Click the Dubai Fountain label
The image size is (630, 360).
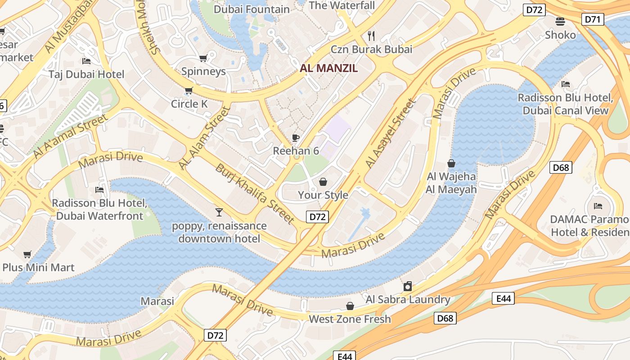(x=252, y=9)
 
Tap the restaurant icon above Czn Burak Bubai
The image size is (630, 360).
(x=371, y=36)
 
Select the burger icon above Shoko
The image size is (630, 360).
(x=560, y=21)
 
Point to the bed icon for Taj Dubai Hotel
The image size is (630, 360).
(x=86, y=61)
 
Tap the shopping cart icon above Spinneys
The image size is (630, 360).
(x=203, y=58)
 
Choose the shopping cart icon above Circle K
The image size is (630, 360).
(x=189, y=91)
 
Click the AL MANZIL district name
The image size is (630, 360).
(x=328, y=68)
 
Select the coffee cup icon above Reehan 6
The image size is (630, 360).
(x=296, y=138)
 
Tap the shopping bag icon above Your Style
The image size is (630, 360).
(x=323, y=182)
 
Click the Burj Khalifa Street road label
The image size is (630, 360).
(x=255, y=194)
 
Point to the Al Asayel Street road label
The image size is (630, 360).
(x=391, y=134)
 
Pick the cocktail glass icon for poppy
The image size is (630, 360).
(x=219, y=212)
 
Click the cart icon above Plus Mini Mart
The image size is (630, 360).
(x=27, y=254)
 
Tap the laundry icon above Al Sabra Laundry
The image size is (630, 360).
(x=408, y=286)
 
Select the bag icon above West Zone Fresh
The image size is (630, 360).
(x=350, y=306)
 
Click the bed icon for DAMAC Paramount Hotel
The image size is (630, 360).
(x=598, y=206)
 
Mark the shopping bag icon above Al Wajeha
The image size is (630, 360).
(x=451, y=163)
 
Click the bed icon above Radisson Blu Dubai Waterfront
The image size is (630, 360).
(x=99, y=190)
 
